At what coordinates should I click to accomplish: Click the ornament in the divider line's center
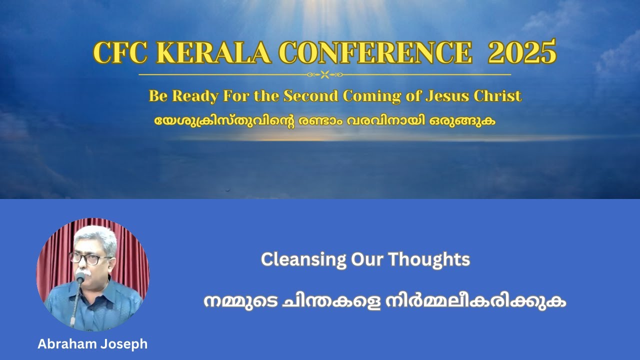[324, 75]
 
